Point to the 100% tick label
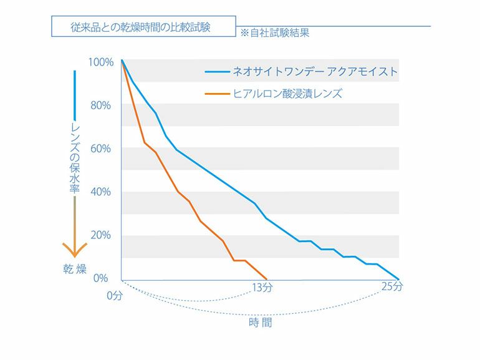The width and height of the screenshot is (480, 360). pyautogui.click(x=101, y=62)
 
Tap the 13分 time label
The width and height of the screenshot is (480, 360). pyautogui.click(x=262, y=288)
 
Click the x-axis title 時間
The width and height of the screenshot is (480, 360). pyautogui.click(x=261, y=323)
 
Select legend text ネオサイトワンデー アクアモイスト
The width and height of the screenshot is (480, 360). pyautogui.click(x=315, y=72)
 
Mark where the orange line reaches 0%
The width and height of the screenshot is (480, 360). pyautogui.click(x=267, y=279)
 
